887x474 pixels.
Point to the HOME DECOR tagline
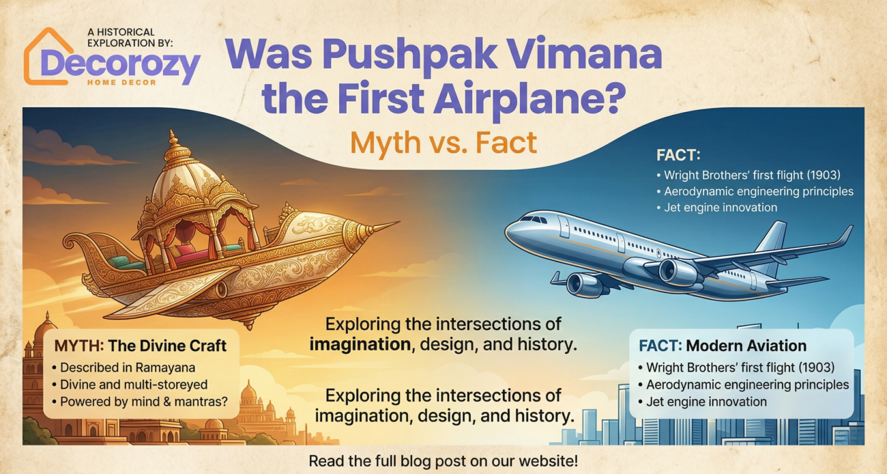click(121, 83)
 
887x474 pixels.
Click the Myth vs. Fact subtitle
click(443, 143)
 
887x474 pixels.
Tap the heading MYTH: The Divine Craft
click(141, 346)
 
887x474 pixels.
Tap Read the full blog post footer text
click(443, 460)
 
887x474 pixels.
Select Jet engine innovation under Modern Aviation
click(702, 402)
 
